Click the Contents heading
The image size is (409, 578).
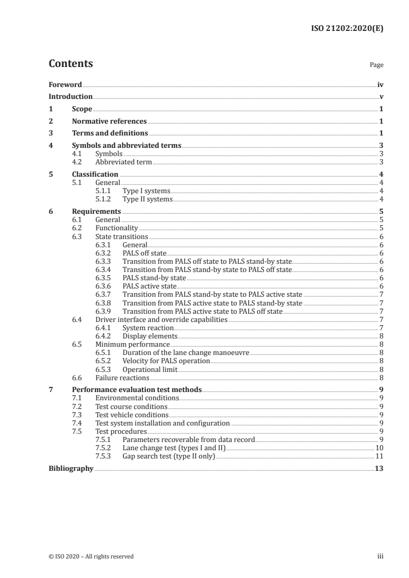click(x=71, y=64)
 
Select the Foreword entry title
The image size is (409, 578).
click(x=65, y=84)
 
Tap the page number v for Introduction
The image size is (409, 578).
click(x=381, y=96)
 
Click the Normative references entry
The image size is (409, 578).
click(x=109, y=121)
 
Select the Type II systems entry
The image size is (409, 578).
click(x=147, y=199)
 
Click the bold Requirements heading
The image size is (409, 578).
click(x=96, y=211)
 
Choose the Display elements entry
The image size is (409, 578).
click(x=150, y=335)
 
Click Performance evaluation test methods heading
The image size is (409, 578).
click(x=137, y=389)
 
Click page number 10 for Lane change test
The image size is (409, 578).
click(x=379, y=448)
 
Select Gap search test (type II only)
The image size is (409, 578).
click(x=168, y=456)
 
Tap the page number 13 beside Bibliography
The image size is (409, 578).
click(x=379, y=468)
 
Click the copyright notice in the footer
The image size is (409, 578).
click(x=91, y=556)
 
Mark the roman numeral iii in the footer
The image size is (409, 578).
click(x=381, y=556)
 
